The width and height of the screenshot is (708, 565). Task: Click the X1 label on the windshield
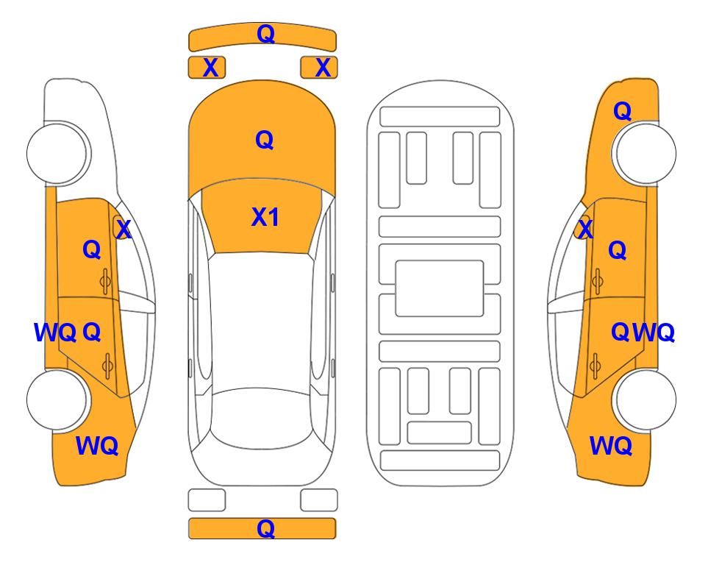tap(265, 217)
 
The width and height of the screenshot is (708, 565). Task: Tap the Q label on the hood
tap(265, 140)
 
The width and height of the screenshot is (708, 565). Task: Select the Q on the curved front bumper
tap(265, 33)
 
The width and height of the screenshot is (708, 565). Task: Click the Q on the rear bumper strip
tap(265, 528)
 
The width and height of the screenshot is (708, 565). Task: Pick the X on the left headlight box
tap(211, 68)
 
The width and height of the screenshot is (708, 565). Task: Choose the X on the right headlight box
tap(323, 68)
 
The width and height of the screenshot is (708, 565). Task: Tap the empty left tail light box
tap(207, 500)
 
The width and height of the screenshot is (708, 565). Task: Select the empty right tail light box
tap(319, 500)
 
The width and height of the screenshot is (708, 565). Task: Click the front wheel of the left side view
tap(57, 153)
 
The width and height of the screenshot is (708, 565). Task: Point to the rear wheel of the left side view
tap(57, 399)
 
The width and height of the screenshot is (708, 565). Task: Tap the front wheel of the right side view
tap(644, 153)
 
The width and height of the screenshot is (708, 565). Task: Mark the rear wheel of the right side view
tap(644, 399)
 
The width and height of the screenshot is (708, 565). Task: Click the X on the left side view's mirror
tap(124, 229)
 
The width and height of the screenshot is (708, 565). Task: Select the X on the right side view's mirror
tap(585, 228)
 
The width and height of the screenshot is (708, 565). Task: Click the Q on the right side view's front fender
tap(622, 111)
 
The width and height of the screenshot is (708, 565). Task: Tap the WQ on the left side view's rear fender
tap(97, 446)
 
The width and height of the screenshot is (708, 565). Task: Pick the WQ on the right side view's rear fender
tap(610, 446)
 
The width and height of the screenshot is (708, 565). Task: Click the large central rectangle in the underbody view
tap(440, 288)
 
